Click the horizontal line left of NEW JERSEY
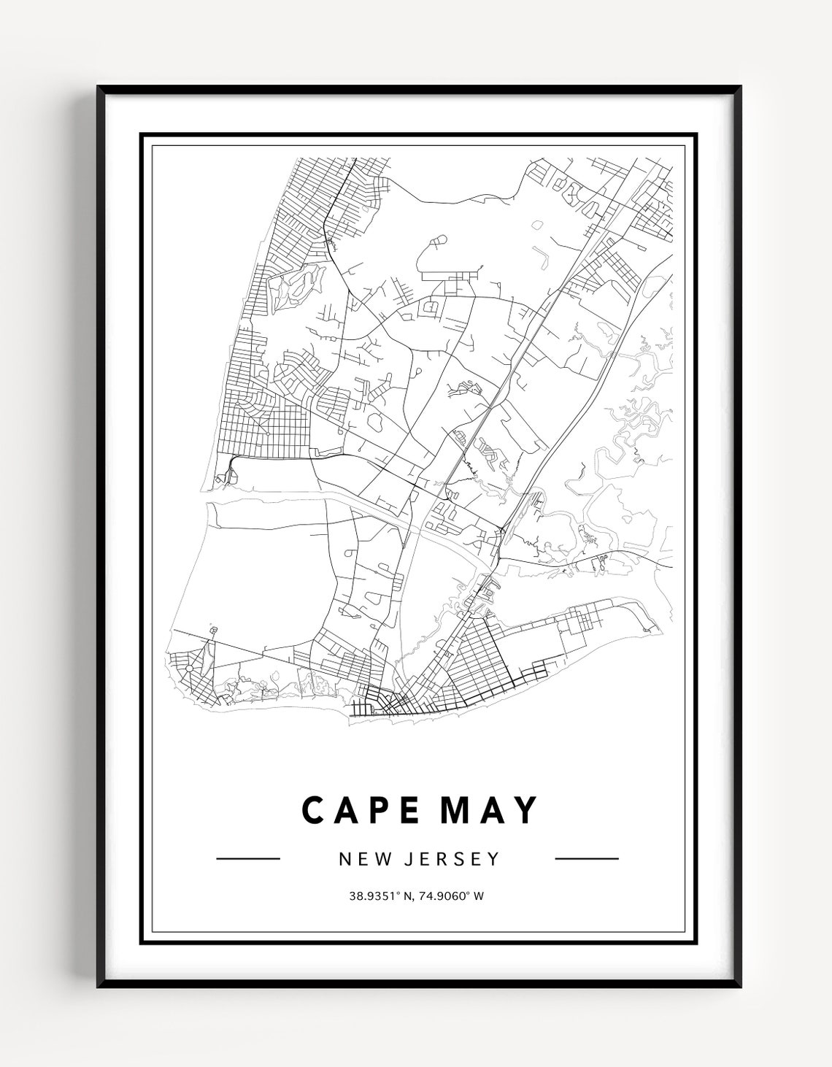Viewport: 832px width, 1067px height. (x=248, y=859)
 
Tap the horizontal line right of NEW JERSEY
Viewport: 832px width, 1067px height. (x=587, y=859)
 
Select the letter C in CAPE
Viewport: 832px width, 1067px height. (x=312, y=809)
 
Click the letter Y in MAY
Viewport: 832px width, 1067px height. (x=525, y=809)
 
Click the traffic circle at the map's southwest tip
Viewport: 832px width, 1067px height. (x=188, y=668)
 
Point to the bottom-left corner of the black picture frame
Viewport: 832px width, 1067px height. (x=99, y=987)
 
